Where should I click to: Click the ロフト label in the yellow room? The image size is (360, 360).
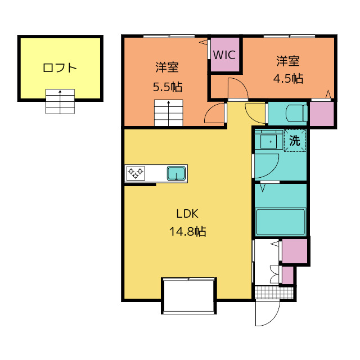(60, 68)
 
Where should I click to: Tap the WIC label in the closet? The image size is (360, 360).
(224, 55)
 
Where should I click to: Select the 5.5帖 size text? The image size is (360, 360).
(168, 87)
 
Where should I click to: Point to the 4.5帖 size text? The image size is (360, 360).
(288, 79)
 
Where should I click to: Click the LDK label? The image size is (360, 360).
(187, 214)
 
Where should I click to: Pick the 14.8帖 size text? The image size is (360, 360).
(187, 231)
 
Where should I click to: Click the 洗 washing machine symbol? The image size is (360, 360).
(295, 140)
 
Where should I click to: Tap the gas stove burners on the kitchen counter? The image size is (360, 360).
(136, 173)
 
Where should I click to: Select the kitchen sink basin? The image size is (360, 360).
(176, 173)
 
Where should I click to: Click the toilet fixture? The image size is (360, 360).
(296, 113)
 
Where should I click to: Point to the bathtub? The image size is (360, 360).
(281, 222)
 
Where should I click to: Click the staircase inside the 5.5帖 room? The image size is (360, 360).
(169, 112)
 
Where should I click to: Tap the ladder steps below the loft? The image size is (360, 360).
(60, 101)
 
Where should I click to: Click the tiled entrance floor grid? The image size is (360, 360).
(274, 292)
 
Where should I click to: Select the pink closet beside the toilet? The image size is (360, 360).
(322, 114)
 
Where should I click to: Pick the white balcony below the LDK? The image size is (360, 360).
(189, 296)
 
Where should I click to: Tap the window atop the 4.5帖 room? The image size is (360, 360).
(289, 36)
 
